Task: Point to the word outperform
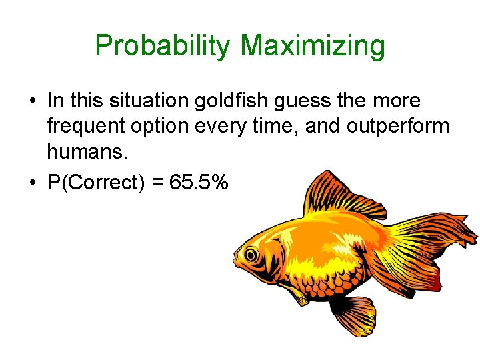pyautogui.click(x=397, y=127)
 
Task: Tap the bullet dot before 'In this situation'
pyautogui.click(x=32, y=101)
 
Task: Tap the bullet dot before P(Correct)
pyautogui.click(x=32, y=183)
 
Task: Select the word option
pyautogui.click(x=163, y=127)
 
